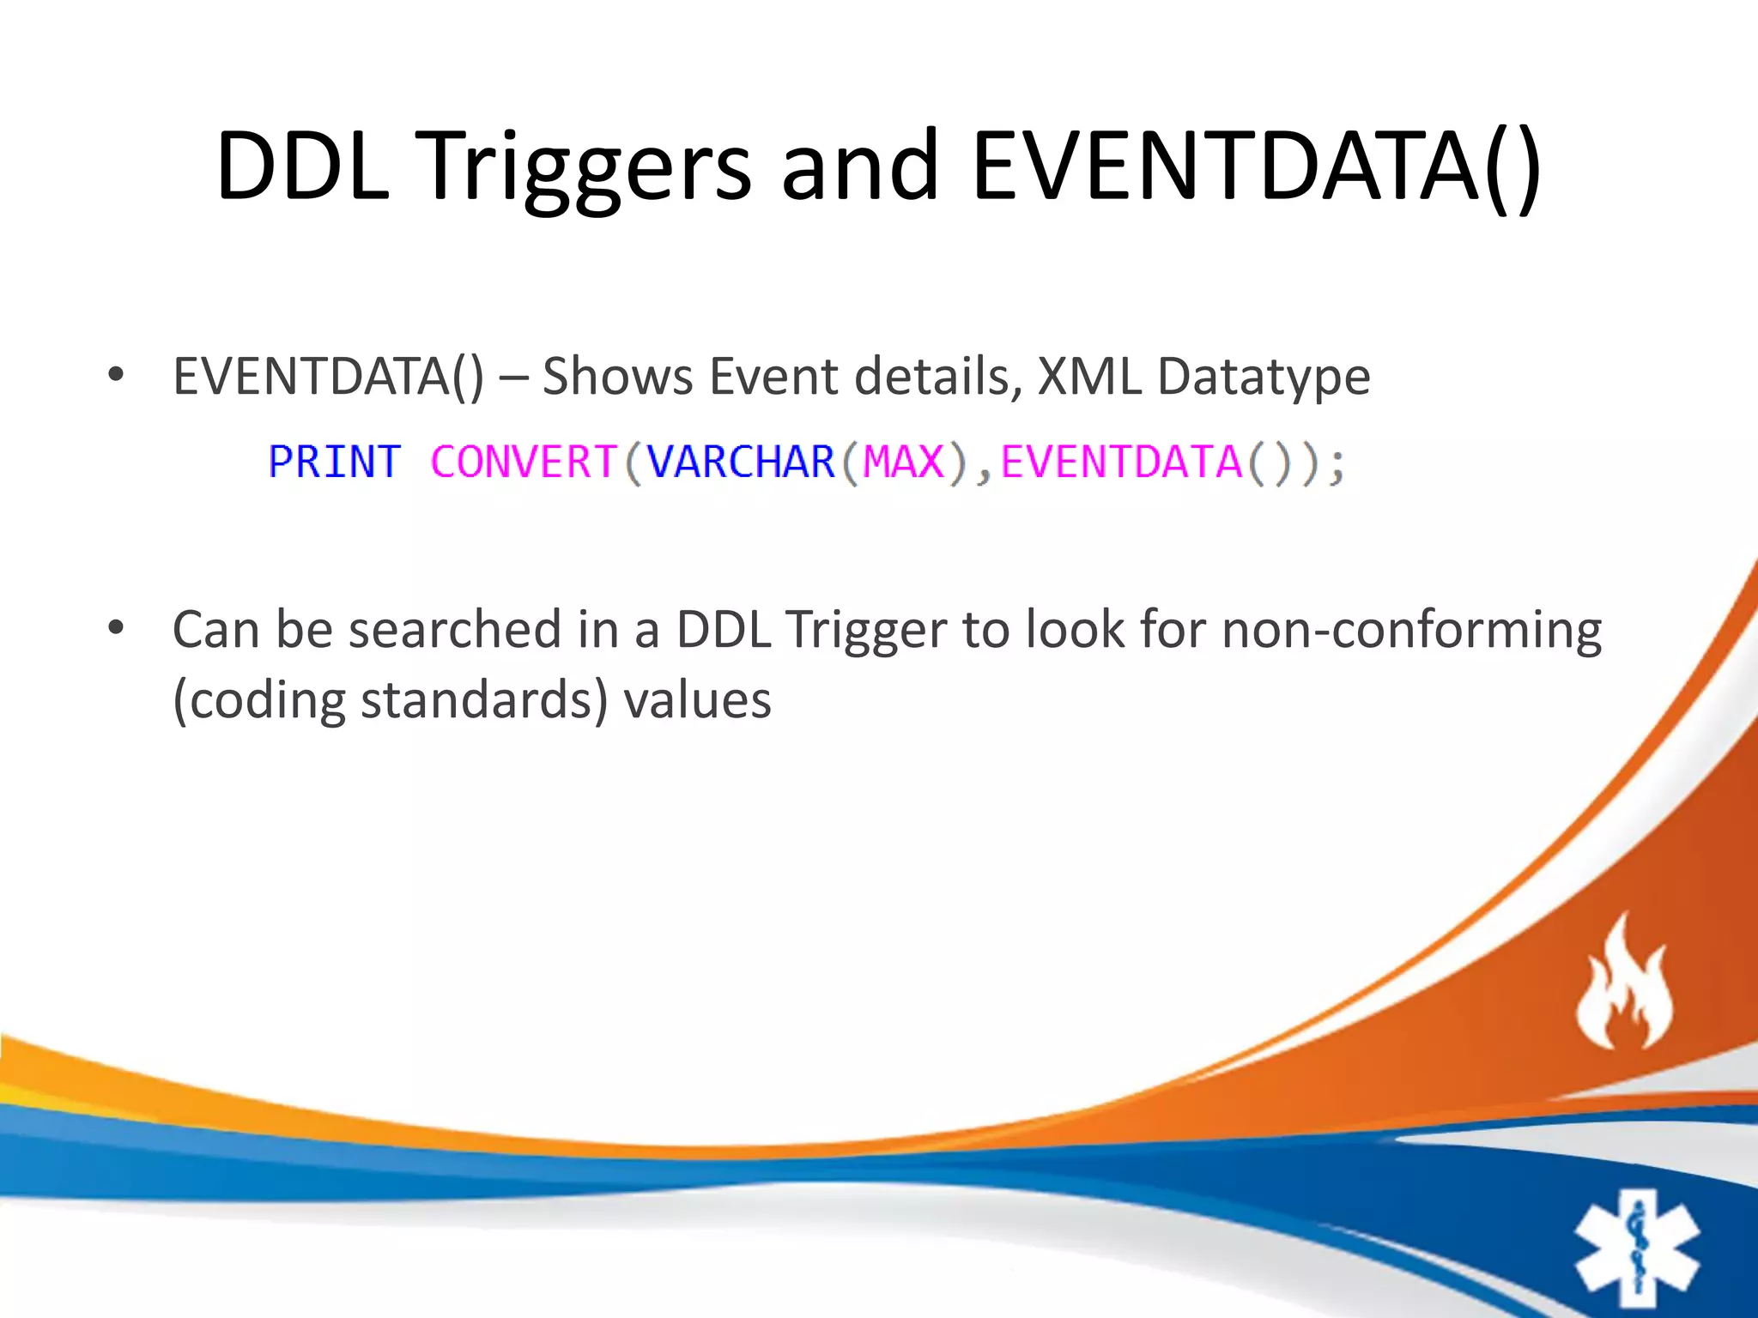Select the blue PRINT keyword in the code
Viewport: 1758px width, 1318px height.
tap(334, 463)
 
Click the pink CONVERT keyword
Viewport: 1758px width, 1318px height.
tap(524, 463)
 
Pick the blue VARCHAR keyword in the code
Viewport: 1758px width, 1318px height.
tap(741, 463)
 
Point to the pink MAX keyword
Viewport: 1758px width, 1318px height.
tap(903, 463)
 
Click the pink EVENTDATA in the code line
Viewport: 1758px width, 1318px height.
tap(1121, 463)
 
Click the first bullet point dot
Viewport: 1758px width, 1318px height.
tap(116, 375)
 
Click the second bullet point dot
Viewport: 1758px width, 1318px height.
tap(116, 628)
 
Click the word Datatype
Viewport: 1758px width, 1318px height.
tap(1264, 378)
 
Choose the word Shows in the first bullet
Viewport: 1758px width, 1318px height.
tap(617, 376)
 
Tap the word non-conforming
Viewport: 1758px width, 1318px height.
tap(1411, 630)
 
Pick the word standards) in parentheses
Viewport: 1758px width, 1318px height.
tap(484, 700)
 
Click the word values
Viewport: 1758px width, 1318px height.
tap(697, 700)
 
